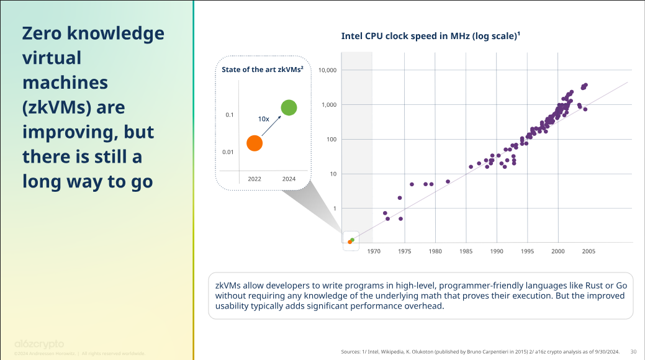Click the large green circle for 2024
[x=289, y=107]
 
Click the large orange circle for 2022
[x=255, y=143]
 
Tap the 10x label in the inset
[x=264, y=118]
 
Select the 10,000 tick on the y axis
[x=327, y=70]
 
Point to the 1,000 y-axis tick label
[x=329, y=105]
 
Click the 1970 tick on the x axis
[x=374, y=251]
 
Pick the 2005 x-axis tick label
[x=589, y=251]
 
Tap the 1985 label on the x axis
[x=466, y=251]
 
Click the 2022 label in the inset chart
[x=255, y=179]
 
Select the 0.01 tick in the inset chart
[x=228, y=152]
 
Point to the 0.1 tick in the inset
[x=230, y=115]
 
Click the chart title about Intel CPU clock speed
[x=430, y=36]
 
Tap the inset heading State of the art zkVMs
[x=262, y=70]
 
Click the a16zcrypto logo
[x=38, y=344]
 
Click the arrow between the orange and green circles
[x=271, y=126]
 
